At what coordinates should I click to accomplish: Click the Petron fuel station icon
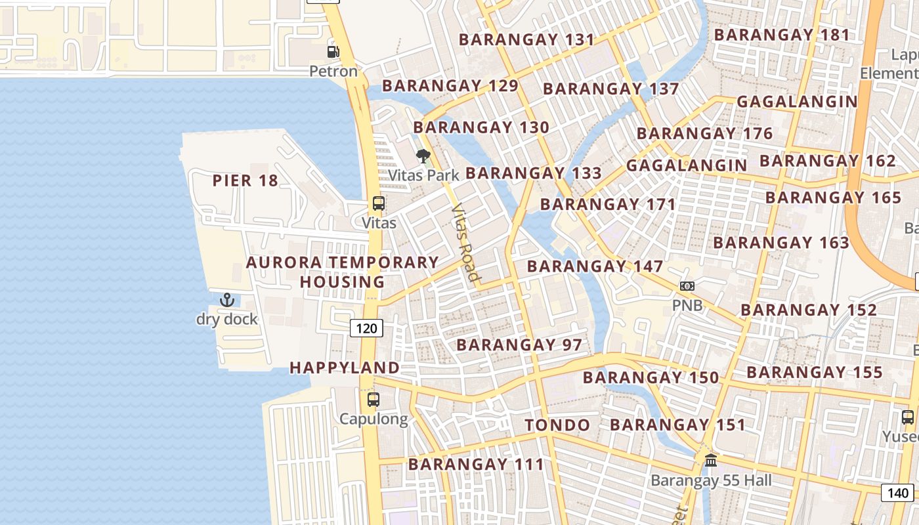point(333,51)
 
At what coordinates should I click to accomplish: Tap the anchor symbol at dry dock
point(227,301)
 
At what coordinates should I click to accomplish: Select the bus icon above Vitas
point(379,203)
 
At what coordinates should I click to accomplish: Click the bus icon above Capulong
point(374,399)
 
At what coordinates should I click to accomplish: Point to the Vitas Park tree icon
point(423,156)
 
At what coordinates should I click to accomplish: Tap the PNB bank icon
point(687,286)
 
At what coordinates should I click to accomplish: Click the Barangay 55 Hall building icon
point(711,461)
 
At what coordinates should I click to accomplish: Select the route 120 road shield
point(366,327)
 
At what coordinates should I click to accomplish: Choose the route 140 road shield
point(897,492)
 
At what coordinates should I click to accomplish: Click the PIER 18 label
point(246,180)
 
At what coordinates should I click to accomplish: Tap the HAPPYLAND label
point(345,367)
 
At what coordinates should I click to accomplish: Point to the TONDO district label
point(557,425)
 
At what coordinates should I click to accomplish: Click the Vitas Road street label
point(464,243)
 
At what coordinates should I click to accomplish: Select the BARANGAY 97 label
point(519,345)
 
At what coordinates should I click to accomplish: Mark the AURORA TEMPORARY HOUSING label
point(342,272)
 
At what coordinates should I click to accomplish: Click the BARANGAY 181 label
point(782,35)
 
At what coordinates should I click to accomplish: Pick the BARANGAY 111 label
point(476,465)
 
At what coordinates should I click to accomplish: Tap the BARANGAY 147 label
point(595,266)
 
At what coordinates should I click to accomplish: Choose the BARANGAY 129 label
point(450,86)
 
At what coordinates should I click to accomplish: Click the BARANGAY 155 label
point(815,373)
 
